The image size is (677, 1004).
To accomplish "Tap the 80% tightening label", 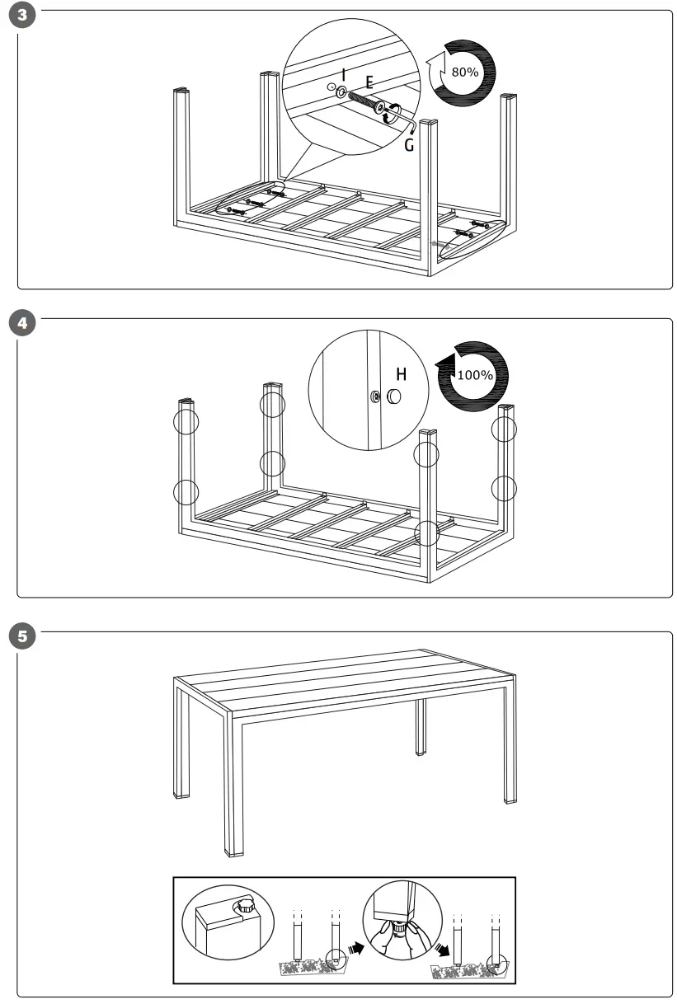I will [x=464, y=72].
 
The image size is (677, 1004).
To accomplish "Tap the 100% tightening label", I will [x=473, y=375].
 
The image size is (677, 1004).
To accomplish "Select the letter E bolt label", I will [x=369, y=82].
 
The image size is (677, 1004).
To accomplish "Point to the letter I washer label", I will [x=343, y=74].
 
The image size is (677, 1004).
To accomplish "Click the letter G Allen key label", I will [x=409, y=145].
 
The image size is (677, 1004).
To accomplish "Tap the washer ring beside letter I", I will [x=341, y=92].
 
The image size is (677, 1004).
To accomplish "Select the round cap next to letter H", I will [x=393, y=396].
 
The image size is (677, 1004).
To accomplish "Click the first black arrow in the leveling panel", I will [x=355, y=948].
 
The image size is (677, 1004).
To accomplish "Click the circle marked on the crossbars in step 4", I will [x=426, y=533].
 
